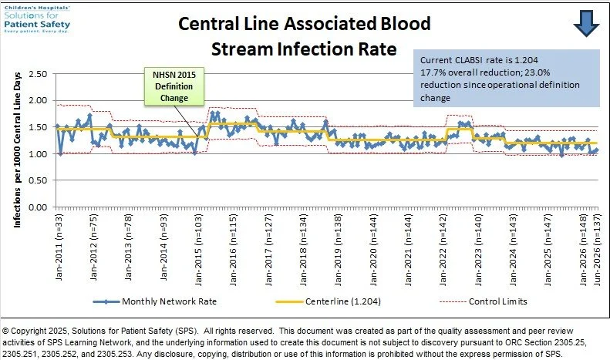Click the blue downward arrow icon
(586, 23)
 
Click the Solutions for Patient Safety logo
(37, 19)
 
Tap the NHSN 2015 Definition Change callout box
(174, 86)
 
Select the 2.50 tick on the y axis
(38, 74)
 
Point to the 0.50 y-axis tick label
(38, 180)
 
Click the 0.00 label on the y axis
(38, 207)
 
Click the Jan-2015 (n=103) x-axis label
(198, 250)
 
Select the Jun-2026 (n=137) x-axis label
(597, 250)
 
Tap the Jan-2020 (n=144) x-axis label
(373, 250)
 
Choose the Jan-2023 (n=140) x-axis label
(478, 250)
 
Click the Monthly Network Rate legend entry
(155, 301)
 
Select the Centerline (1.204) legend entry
(328, 301)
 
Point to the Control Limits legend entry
(484, 301)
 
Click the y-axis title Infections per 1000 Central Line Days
(18, 150)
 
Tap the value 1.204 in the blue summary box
(527, 60)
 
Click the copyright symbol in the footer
(5, 331)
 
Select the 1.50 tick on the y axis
(38, 127)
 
